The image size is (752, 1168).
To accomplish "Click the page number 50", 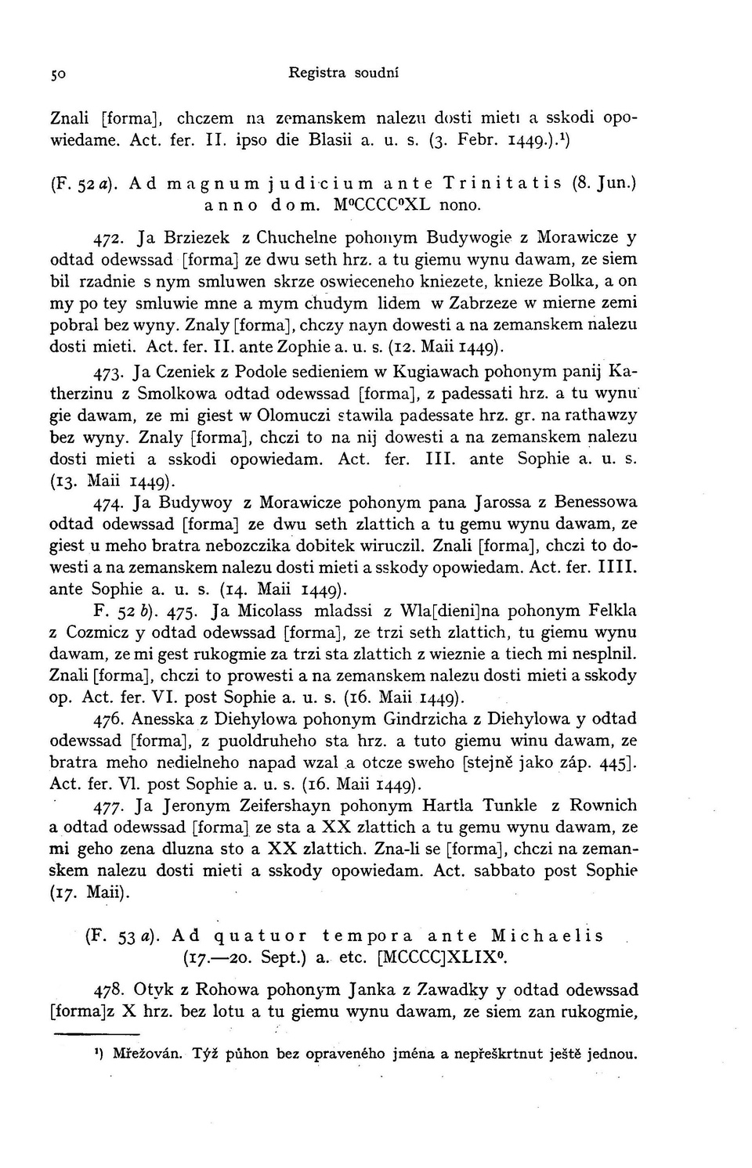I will [57, 74].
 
